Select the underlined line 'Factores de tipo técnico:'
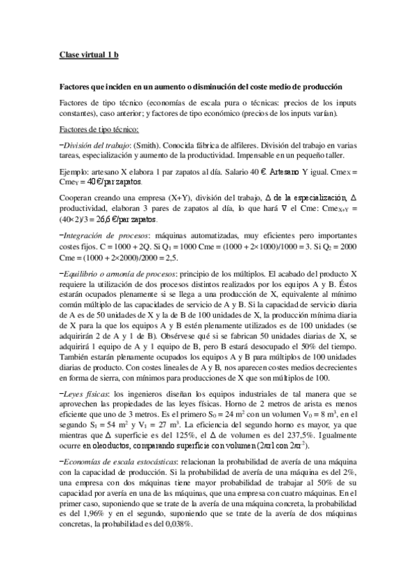click(x=99, y=129)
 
